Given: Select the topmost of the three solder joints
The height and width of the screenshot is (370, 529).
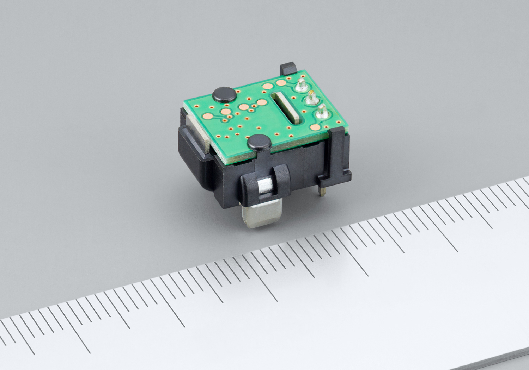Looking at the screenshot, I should [x=301, y=85].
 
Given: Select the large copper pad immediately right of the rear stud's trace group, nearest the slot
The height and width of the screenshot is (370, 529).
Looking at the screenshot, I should [x=262, y=103].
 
